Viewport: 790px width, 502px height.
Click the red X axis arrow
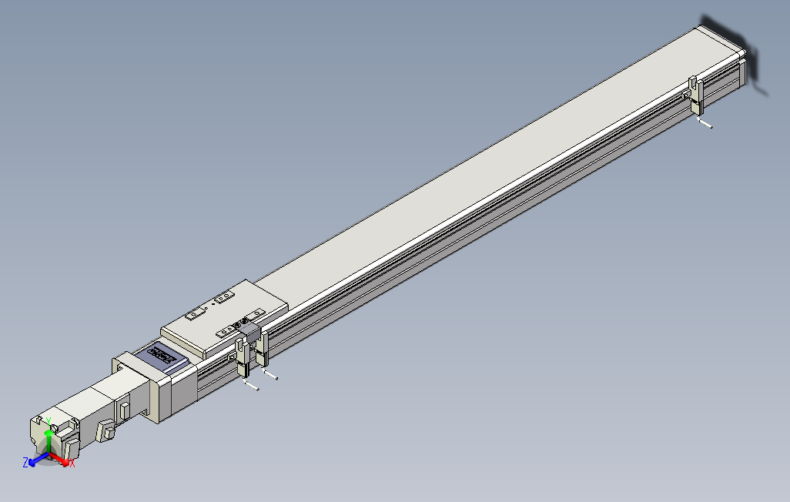[63, 460]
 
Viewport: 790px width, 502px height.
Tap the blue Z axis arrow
[34, 462]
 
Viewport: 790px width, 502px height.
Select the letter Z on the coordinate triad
[25, 462]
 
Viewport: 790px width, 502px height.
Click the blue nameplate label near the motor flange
[163, 354]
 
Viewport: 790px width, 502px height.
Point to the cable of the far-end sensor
[705, 123]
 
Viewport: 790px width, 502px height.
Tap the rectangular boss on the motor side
[125, 408]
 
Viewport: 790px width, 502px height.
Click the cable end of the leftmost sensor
[251, 387]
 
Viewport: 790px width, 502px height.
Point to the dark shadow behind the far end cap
[750, 62]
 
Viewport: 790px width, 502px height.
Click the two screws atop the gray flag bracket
[245, 321]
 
